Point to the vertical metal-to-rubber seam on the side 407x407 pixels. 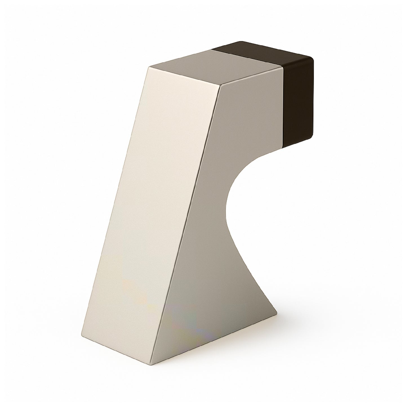coord(283,107)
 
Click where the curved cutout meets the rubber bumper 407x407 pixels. coord(283,149)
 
